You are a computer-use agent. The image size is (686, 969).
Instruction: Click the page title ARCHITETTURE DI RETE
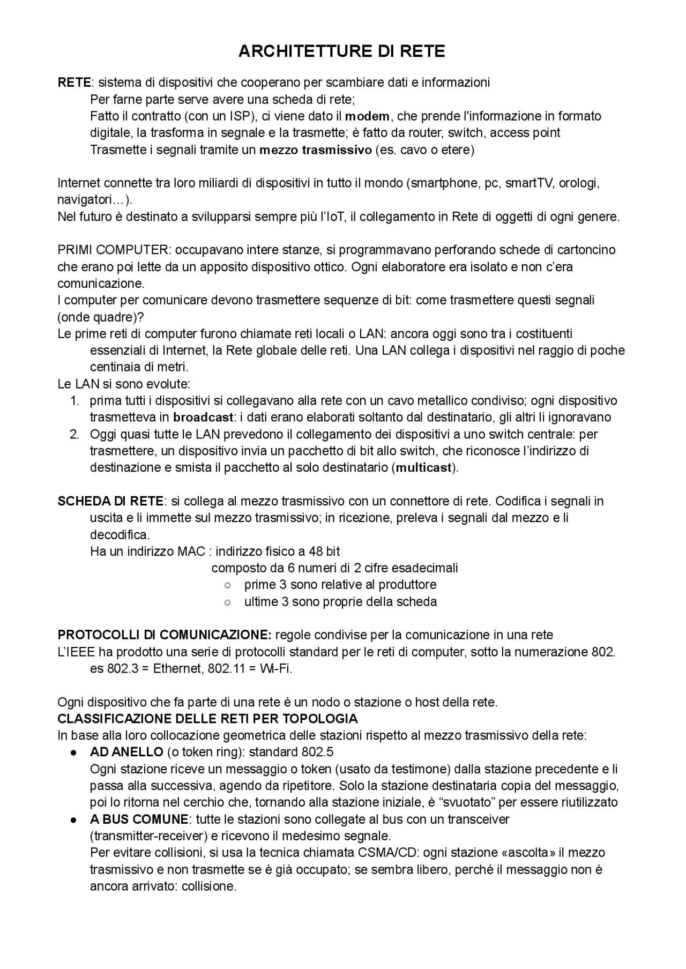click(x=342, y=51)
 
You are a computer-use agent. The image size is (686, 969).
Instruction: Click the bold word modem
click(x=369, y=116)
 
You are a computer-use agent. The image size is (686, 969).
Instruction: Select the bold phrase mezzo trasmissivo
click(x=315, y=150)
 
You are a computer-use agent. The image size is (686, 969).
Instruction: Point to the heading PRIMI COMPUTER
click(x=113, y=250)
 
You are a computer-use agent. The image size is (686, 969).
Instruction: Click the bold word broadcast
click(x=204, y=418)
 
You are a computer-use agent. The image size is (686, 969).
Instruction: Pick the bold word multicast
click(x=424, y=468)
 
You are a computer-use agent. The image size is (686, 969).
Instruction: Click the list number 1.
click(x=74, y=401)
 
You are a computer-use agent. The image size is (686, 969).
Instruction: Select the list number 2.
click(x=74, y=434)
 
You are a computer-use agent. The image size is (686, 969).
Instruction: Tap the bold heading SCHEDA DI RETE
click(x=110, y=501)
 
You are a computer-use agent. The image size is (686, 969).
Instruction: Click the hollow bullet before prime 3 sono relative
click(x=227, y=585)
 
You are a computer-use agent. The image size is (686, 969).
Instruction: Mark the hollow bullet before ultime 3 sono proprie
click(x=227, y=602)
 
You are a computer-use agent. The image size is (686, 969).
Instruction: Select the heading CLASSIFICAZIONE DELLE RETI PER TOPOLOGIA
click(x=207, y=719)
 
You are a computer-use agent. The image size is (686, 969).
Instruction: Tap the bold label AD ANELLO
click(x=126, y=752)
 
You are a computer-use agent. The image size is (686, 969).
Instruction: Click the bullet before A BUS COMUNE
click(x=74, y=819)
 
